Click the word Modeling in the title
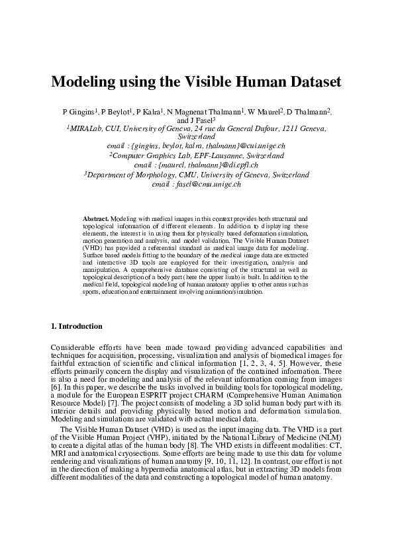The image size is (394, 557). tap(83, 83)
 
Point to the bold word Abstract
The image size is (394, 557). tap(95, 218)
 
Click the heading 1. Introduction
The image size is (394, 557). tap(77, 326)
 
